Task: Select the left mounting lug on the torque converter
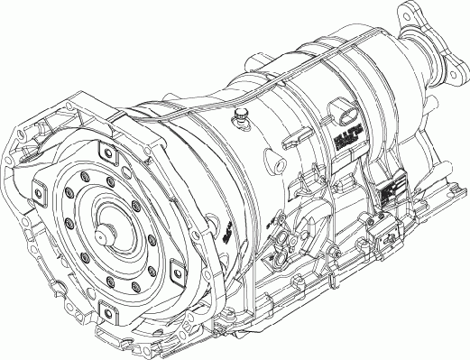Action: click(39, 189)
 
